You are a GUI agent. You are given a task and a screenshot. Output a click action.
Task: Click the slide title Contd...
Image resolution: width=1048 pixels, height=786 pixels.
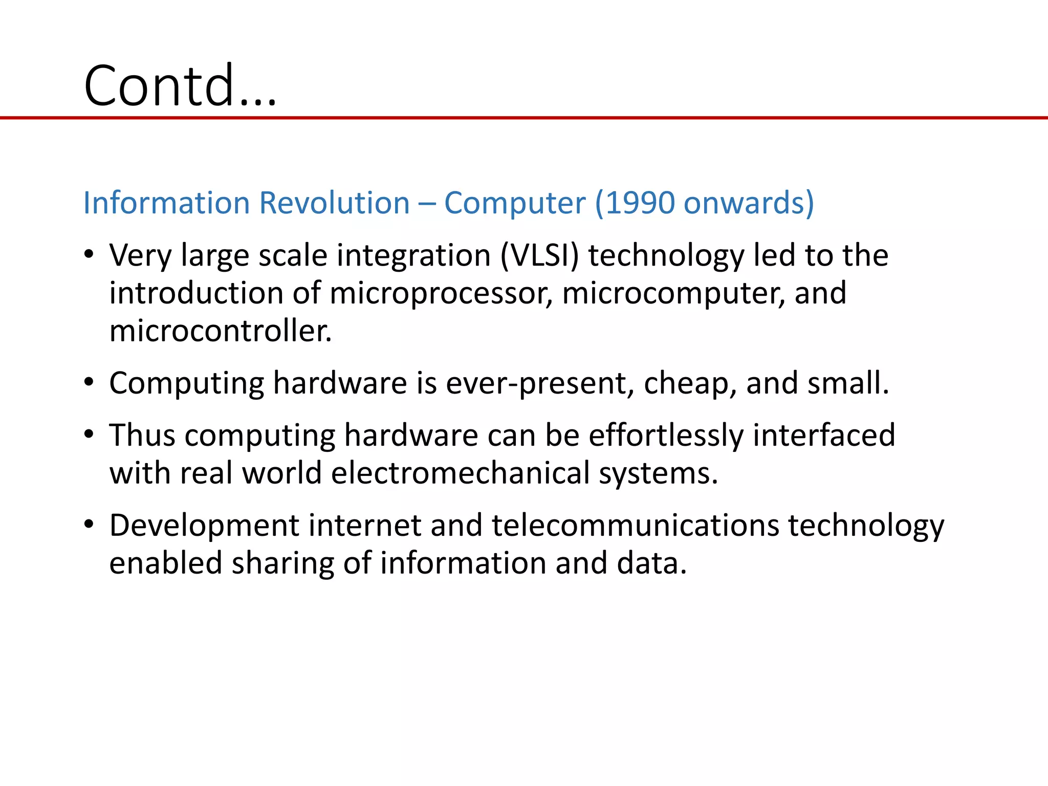pos(180,86)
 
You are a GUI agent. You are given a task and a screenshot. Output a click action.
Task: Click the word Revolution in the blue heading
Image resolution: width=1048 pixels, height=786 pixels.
pos(335,203)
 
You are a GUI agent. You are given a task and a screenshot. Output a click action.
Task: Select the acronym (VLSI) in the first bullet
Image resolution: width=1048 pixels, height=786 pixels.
pos(539,255)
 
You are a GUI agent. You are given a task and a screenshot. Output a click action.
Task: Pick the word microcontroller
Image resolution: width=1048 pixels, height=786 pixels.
pos(221,331)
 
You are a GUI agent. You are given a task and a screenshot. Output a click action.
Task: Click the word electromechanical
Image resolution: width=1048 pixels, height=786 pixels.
pos(461,473)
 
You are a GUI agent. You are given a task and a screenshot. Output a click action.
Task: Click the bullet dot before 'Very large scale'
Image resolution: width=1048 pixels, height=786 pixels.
pos(89,254)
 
